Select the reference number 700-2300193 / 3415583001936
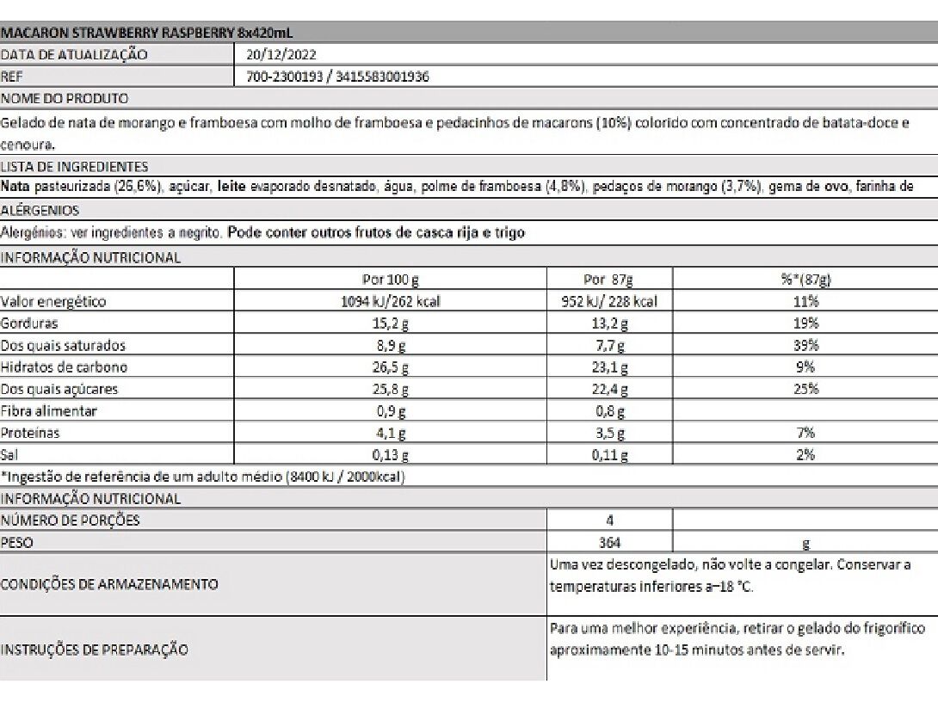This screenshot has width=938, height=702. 337,77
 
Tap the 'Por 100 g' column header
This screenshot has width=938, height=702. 391,280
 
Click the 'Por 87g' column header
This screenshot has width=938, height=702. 608,280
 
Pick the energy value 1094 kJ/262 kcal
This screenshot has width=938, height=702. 391,302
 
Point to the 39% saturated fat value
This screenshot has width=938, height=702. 805,346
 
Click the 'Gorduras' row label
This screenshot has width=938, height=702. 29,323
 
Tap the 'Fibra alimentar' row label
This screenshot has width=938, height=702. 49,411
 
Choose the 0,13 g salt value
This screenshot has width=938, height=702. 391,455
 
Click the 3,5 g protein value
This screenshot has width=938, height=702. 609,434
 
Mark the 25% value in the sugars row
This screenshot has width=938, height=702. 805,390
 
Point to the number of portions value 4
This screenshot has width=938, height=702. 609,520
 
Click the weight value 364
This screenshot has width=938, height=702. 609,543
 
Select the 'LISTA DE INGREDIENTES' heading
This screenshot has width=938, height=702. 74,167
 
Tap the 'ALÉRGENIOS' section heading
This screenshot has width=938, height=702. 40,210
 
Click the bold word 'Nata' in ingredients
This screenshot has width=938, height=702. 15,186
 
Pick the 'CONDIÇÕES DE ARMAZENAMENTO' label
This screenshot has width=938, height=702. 109,584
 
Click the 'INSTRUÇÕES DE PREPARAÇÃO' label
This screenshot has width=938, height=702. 95,650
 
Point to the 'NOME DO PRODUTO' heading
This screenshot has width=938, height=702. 65,98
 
